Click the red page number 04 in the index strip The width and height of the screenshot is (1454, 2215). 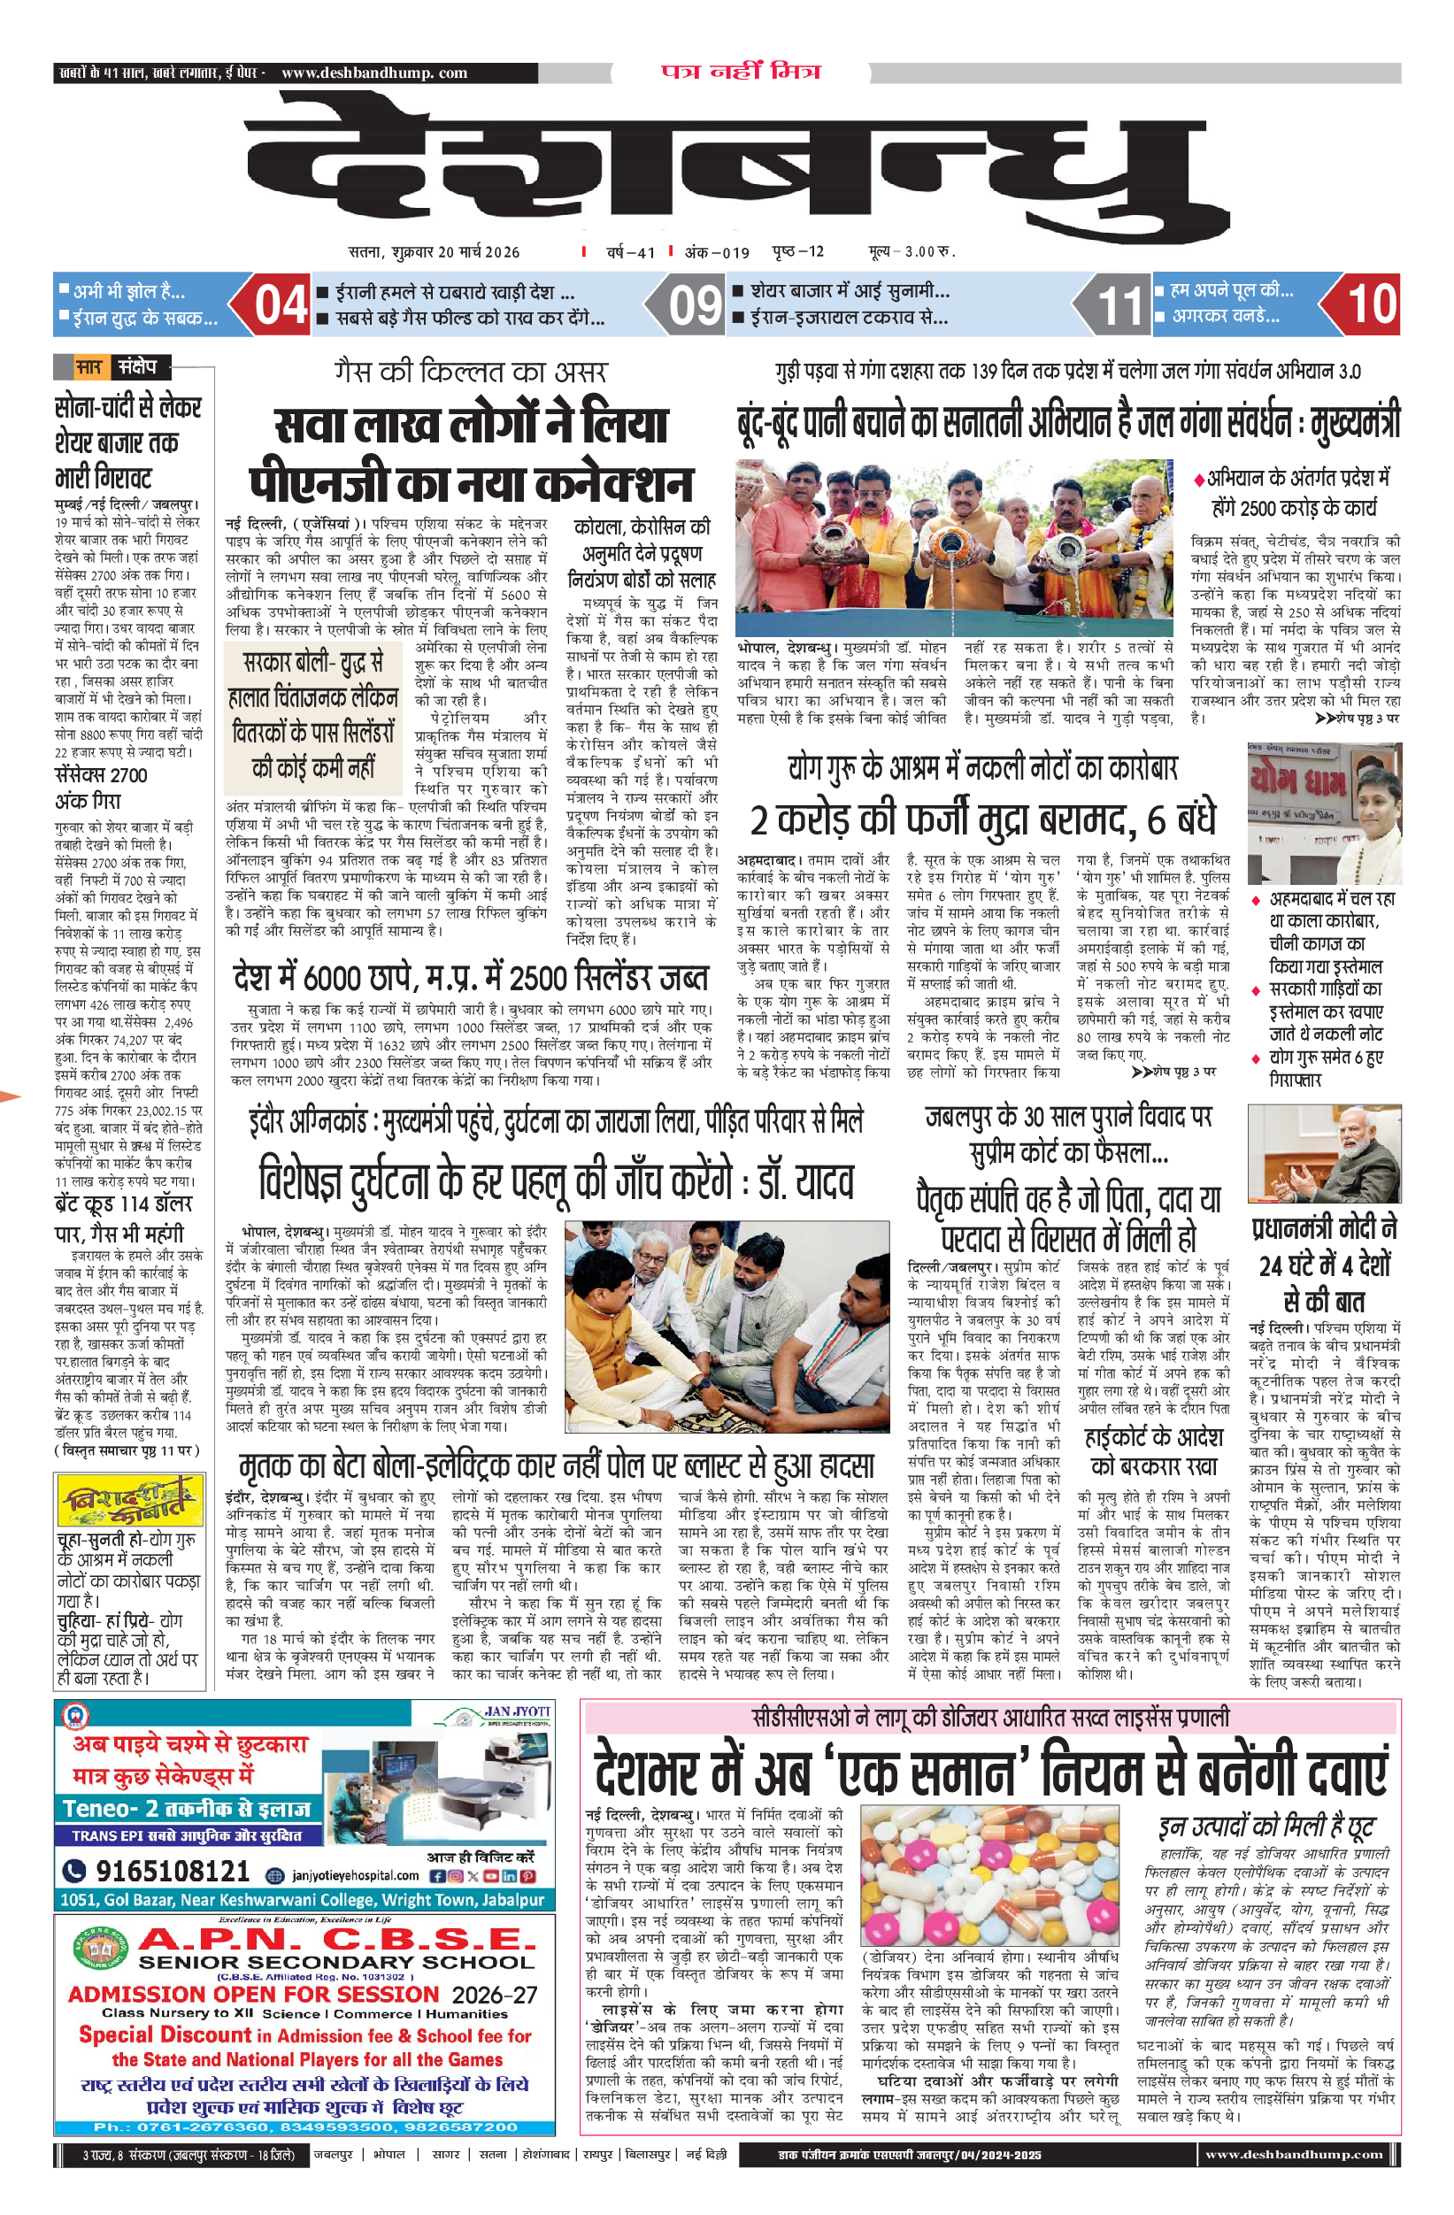pos(281,304)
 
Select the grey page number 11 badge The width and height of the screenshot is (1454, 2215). pos(1119,305)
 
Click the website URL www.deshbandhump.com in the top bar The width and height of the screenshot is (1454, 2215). pos(374,73)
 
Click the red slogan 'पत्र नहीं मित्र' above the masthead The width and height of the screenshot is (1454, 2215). pos(741,72)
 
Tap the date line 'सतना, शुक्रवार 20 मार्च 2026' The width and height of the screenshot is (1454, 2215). pos(434,251)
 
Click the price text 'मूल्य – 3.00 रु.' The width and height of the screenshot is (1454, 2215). pos(912,251)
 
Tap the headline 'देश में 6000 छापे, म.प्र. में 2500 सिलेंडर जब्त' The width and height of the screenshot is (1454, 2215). pos(470,978)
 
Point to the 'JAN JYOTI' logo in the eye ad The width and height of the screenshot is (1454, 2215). pos(516,1711)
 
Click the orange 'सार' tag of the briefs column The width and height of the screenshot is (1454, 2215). pos(88,366)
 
